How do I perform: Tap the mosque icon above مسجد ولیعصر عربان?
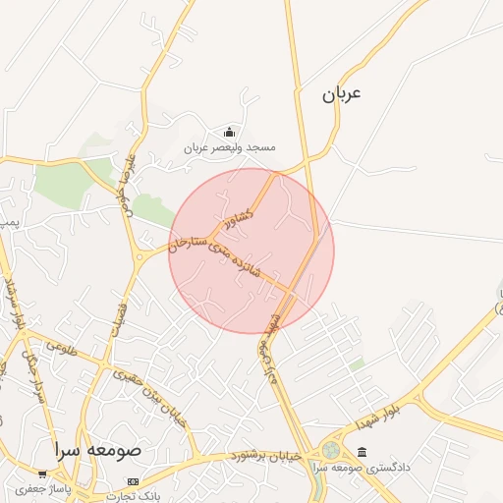[x=230, y=132]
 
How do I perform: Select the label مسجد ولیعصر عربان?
[x=230, y=147]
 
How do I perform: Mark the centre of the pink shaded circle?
[x=251, y=251]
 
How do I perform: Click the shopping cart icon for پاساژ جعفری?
[x=42, y=473]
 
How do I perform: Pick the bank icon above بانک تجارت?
[x=134, y=481]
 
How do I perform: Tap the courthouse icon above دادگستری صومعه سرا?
[x=363, y=452]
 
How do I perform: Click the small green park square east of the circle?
[x=358, y=364]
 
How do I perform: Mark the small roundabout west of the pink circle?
[x=143, y=256]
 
